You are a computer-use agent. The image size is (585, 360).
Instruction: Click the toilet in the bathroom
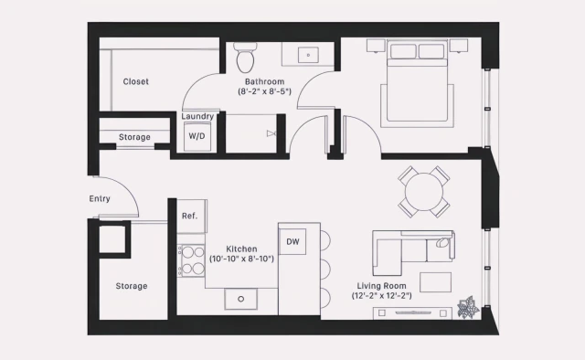pos(244,59)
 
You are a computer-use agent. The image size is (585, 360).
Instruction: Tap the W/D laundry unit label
pos(197,135)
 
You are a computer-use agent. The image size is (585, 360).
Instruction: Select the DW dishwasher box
pos(292,241)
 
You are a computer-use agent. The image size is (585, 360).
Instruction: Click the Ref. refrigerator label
pos(190,216)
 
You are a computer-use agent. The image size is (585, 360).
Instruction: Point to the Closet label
pos(136,81)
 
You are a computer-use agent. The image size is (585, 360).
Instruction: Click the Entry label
pos(100,198)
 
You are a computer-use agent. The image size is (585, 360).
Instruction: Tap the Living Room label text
pos(382,291)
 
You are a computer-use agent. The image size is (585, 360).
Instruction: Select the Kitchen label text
pos(241,249)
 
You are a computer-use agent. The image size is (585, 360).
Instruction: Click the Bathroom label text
pos(264,81)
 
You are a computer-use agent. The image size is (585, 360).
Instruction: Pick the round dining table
pos(423,191)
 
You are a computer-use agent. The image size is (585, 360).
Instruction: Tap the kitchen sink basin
pos(241,298)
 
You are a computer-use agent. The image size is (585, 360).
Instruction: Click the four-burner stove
pos(192,259)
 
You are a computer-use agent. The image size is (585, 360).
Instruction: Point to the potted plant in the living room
pos(469,308)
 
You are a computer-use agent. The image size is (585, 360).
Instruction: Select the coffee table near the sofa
pos(435,281)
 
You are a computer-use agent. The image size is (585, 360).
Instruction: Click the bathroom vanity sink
pos(307,55)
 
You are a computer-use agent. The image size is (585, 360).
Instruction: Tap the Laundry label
pos(198,116)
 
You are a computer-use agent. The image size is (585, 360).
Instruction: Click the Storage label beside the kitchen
pos(131,286)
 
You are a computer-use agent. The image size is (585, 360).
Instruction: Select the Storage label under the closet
pos(134,138)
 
